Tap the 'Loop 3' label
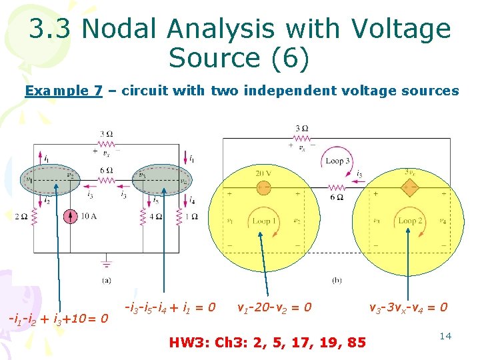click(334, 161)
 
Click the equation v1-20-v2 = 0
click(274, 308)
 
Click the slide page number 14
click(445, 336)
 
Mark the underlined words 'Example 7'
click(63, 91)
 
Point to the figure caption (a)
click(107, 281)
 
